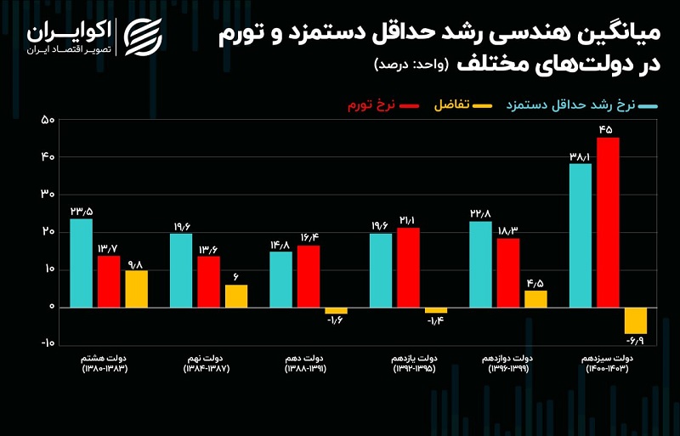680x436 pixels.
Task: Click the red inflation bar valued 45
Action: (608, 222)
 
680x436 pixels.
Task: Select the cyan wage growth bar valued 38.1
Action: (580, 235)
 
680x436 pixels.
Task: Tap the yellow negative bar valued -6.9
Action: (635, 320)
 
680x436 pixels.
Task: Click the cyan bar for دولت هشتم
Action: (81, 263)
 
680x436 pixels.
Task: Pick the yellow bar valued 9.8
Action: (136, 289)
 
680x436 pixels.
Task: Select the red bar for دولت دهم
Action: (309, 276)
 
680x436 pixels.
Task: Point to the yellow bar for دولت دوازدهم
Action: (535, 298)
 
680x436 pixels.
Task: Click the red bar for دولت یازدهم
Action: (408, 267)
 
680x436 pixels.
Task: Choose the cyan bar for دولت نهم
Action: (181, 269)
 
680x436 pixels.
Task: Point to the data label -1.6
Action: (336, 320)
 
